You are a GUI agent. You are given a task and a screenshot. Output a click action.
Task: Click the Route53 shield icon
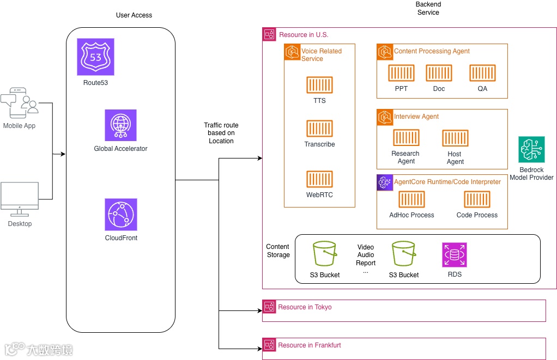coord(95,57)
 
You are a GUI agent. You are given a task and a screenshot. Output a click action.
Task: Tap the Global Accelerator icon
coord(120,125)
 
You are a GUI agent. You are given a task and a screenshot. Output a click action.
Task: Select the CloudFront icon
coord(121,214)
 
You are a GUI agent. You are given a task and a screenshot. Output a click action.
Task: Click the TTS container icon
coord(319,85)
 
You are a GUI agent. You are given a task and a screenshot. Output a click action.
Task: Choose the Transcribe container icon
coord(319,129)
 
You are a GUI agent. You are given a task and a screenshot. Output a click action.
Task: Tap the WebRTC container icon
coord(319,179)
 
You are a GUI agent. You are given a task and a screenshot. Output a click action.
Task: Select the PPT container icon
coord(401,73)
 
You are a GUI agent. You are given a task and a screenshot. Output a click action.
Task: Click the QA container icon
coord(482,73)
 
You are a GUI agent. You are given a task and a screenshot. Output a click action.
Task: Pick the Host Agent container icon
coord(455,138)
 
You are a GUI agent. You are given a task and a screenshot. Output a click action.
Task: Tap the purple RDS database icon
coord(455,255)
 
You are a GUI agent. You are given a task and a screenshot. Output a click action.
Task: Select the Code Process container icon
coord(477,199)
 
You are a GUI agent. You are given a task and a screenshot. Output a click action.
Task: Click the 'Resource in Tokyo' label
coord(305,307)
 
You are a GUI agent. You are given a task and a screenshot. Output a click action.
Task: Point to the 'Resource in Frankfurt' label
coord(309,345)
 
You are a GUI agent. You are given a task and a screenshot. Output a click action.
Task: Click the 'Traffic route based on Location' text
coord(221,133)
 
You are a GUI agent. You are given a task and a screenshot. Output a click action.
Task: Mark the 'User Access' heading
coord(134,15)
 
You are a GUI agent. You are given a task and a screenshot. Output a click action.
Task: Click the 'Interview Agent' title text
coord(416,117)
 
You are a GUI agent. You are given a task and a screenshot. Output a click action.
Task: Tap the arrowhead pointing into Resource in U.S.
coord(260,158)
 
